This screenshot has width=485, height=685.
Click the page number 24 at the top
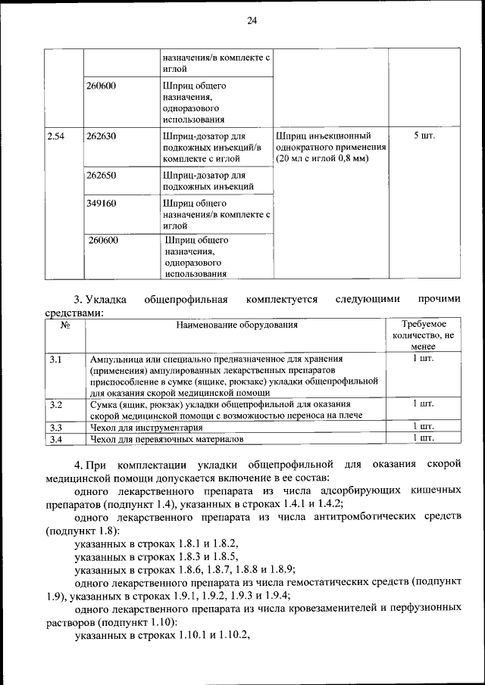coord(252,20)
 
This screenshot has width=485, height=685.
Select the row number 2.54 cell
coord(55,136)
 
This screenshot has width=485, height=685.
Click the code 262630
coord(102,136)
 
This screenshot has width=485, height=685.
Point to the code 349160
coord(102,204)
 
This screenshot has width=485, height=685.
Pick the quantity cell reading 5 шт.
coord(424,136)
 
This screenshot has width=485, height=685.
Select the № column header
coord(65,325)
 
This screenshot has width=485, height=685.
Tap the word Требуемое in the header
coord(424,324)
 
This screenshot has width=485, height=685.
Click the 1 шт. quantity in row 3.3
coord(424,427)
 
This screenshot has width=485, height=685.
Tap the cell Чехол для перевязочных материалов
coord(167,438)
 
